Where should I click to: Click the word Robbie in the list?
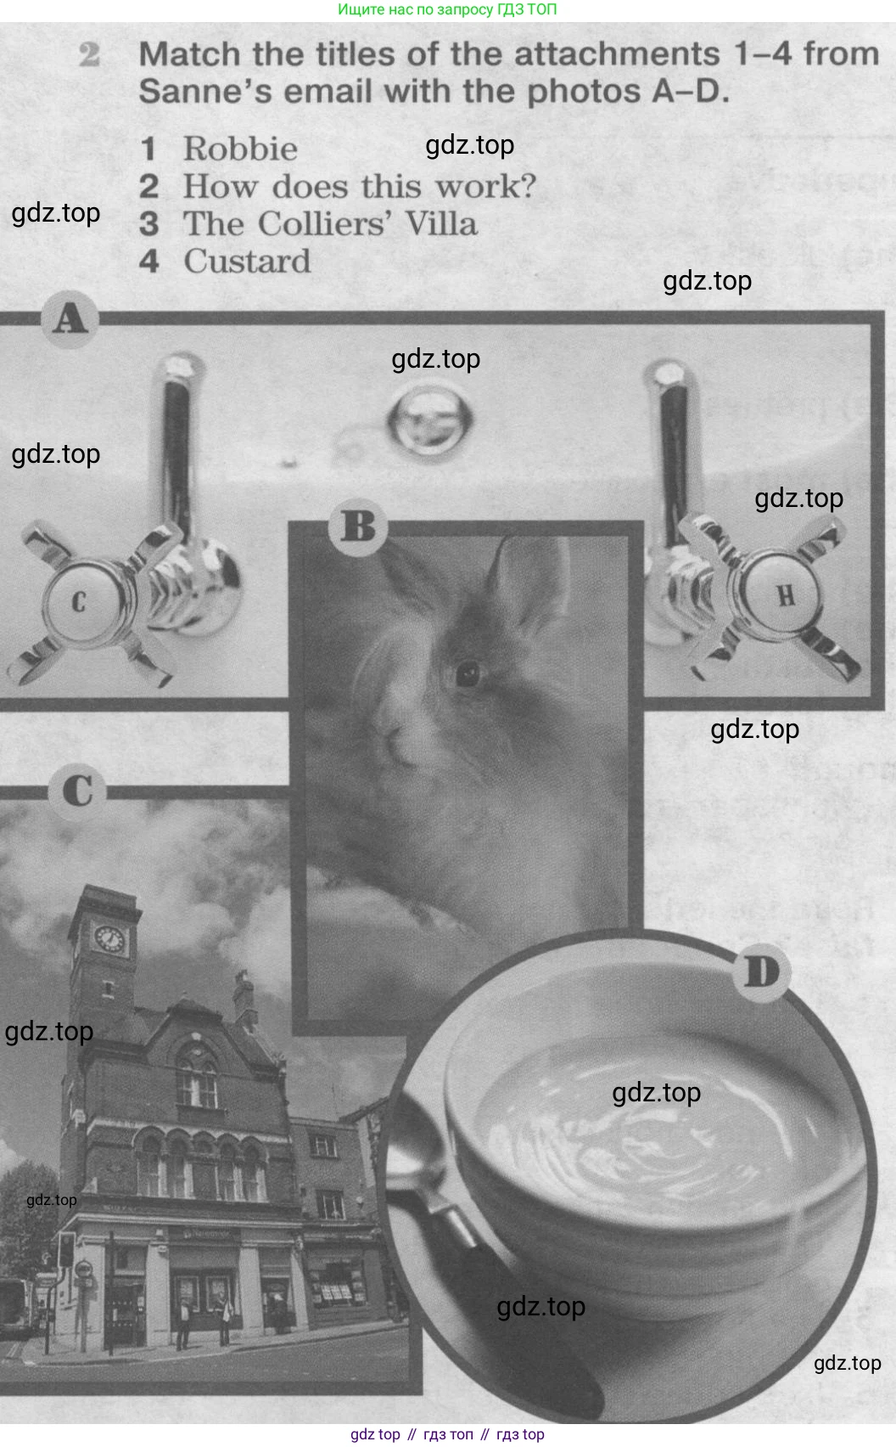pyautogui.click(x=240, y=149)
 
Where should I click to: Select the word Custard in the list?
pyautogui.click(x=247, y=262)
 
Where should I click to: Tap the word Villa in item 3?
pyautogui.click(x=441, y=224)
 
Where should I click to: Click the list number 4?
pyautogui.click(x=149, y=262)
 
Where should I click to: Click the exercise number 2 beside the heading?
pyautogui.click(x=89, y=55)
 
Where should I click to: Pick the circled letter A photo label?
pyautogui.click(x=70, y=319)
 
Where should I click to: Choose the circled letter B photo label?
pyautogui.click(x=357, y=526)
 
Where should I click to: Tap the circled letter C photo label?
pyautogui.click(x=77, y=791)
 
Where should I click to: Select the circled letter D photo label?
pyautogui.click(x=762, y=972)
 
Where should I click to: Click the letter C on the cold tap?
pyautogui.click(x=79, y=602)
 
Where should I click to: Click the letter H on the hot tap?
pyautogui.click(x=786, y=595)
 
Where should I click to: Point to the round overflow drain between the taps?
pyautogui.click(x=429, y=419)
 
